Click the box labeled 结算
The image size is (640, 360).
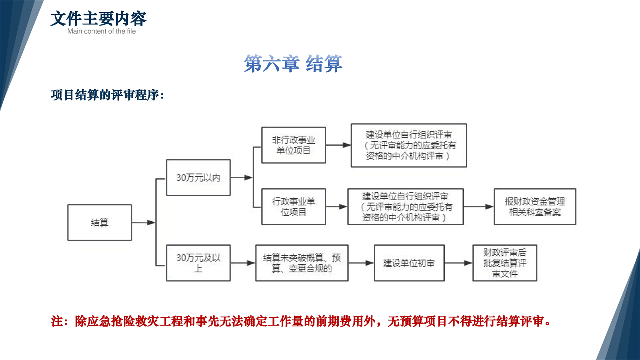coord(100,223)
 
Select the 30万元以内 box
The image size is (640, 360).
coord(198,177)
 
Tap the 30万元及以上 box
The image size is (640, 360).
coord(198,263)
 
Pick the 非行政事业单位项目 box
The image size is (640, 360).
coord(293,145)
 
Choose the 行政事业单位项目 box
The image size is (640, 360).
coord(293,207)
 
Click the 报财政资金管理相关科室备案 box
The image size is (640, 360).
coord(535,207)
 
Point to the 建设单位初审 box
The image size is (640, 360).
coord(409,263)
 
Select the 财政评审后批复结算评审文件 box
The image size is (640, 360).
coord(505,263)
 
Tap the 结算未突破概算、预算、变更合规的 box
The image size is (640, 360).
coord(302,263)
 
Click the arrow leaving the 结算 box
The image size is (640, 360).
coord(143,223)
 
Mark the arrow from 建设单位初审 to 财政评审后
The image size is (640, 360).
coord(458,263)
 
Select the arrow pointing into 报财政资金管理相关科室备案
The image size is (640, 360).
coord(479,207)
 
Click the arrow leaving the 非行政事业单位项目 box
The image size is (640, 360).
coord(338,145)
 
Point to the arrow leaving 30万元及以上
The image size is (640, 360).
coord(243,263)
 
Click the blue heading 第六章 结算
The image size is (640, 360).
coord(293,64)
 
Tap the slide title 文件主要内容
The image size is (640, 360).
coord(98,19)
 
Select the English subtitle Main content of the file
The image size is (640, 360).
coord(101,31)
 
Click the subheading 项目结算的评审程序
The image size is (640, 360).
coord(107,95)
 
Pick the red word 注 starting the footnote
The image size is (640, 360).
coord(57,321)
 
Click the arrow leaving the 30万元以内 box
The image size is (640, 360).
coord(241,177)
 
